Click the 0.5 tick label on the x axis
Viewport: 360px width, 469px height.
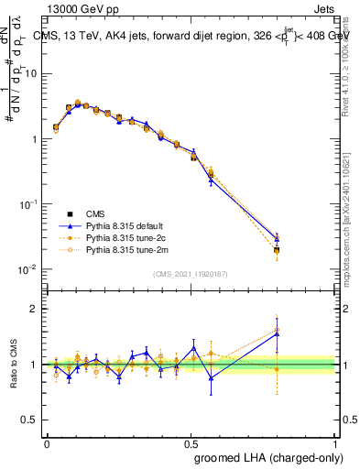[x=191, y=442]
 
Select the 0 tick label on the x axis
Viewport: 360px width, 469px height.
[x=47, y=442]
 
